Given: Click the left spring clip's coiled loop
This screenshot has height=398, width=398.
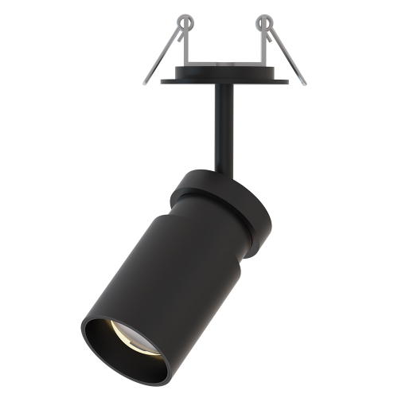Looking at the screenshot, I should tap(185, 21).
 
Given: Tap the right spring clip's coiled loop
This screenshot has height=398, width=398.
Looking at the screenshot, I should tap(264, 21).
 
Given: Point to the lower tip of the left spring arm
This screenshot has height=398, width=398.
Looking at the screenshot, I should tap(146, 82).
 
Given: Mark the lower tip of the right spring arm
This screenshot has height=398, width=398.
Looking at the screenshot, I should tap(303, 82).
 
